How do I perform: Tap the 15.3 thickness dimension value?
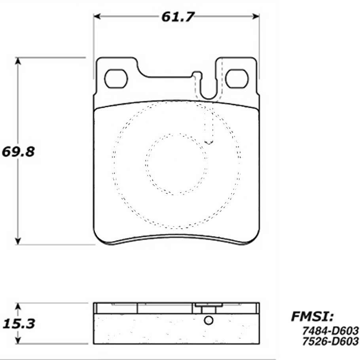(x=19, y=324)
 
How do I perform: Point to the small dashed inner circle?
(x=176, y=164)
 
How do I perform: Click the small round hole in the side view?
(x=208, y=320)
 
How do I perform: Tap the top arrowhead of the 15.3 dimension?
(x=18, y=306)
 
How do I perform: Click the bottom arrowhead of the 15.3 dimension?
(x=18, y=341)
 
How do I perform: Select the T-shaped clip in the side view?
(x=208, y=307)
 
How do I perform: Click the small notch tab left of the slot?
(x=196, y=74)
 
